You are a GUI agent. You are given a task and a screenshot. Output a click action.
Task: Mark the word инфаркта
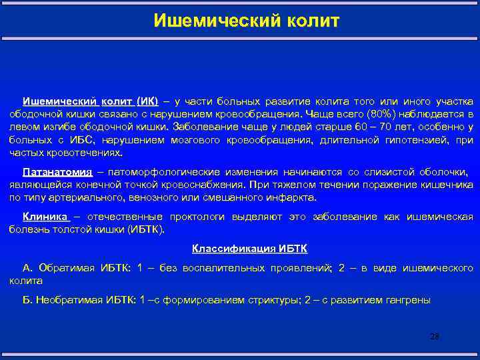point(287,198)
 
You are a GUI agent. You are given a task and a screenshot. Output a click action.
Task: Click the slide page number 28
point(435,337)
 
